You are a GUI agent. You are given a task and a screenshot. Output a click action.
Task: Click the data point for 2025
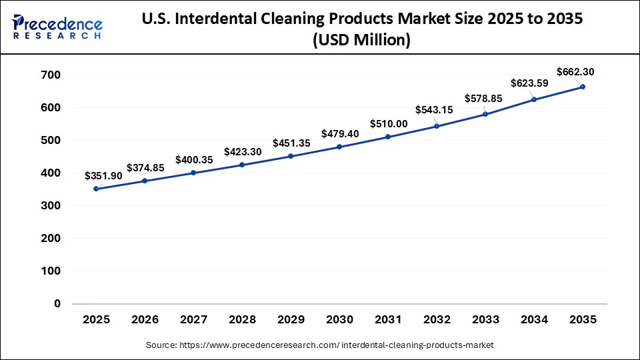96,189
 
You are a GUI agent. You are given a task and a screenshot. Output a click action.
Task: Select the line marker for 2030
339,147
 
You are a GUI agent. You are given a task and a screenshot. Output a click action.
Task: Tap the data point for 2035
583,87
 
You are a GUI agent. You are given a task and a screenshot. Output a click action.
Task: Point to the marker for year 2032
437,126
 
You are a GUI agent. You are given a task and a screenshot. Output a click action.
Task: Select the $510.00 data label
389,123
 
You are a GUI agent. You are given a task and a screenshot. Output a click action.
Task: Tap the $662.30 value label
575,72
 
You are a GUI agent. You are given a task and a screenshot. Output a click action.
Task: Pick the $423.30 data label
243,151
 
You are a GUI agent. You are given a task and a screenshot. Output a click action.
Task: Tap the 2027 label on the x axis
193,321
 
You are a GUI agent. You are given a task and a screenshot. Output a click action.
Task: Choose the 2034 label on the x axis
534,321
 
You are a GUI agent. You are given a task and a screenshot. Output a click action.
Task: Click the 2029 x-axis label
291,321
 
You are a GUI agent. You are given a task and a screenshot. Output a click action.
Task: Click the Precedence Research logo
57,27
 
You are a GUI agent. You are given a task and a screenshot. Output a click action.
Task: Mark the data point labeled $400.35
193,173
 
